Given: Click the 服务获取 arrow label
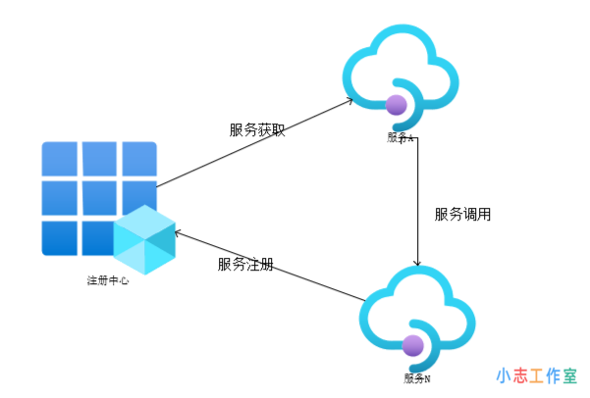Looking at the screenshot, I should [x=257, y=129].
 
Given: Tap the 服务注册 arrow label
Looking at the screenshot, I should [x=245, y=265].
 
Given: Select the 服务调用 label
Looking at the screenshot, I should [x=462, y=214].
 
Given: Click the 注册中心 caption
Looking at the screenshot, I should [x=108, y=280].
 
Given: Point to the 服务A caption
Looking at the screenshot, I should [x=401, y=136].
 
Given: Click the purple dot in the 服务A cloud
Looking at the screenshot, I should [x=398, y=104].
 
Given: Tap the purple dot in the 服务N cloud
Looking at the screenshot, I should [x=413, y=345].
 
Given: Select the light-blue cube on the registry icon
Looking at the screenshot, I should [x=143, y=240].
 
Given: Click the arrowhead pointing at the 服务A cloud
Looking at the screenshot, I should [x=349, y=102].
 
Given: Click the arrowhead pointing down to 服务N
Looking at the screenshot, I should [x=419, y=262].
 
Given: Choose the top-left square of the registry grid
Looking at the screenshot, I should [x=59, y=158].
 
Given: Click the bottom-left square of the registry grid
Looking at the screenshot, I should [x=59, y=237].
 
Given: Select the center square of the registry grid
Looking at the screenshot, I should [x=99, y=198].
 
